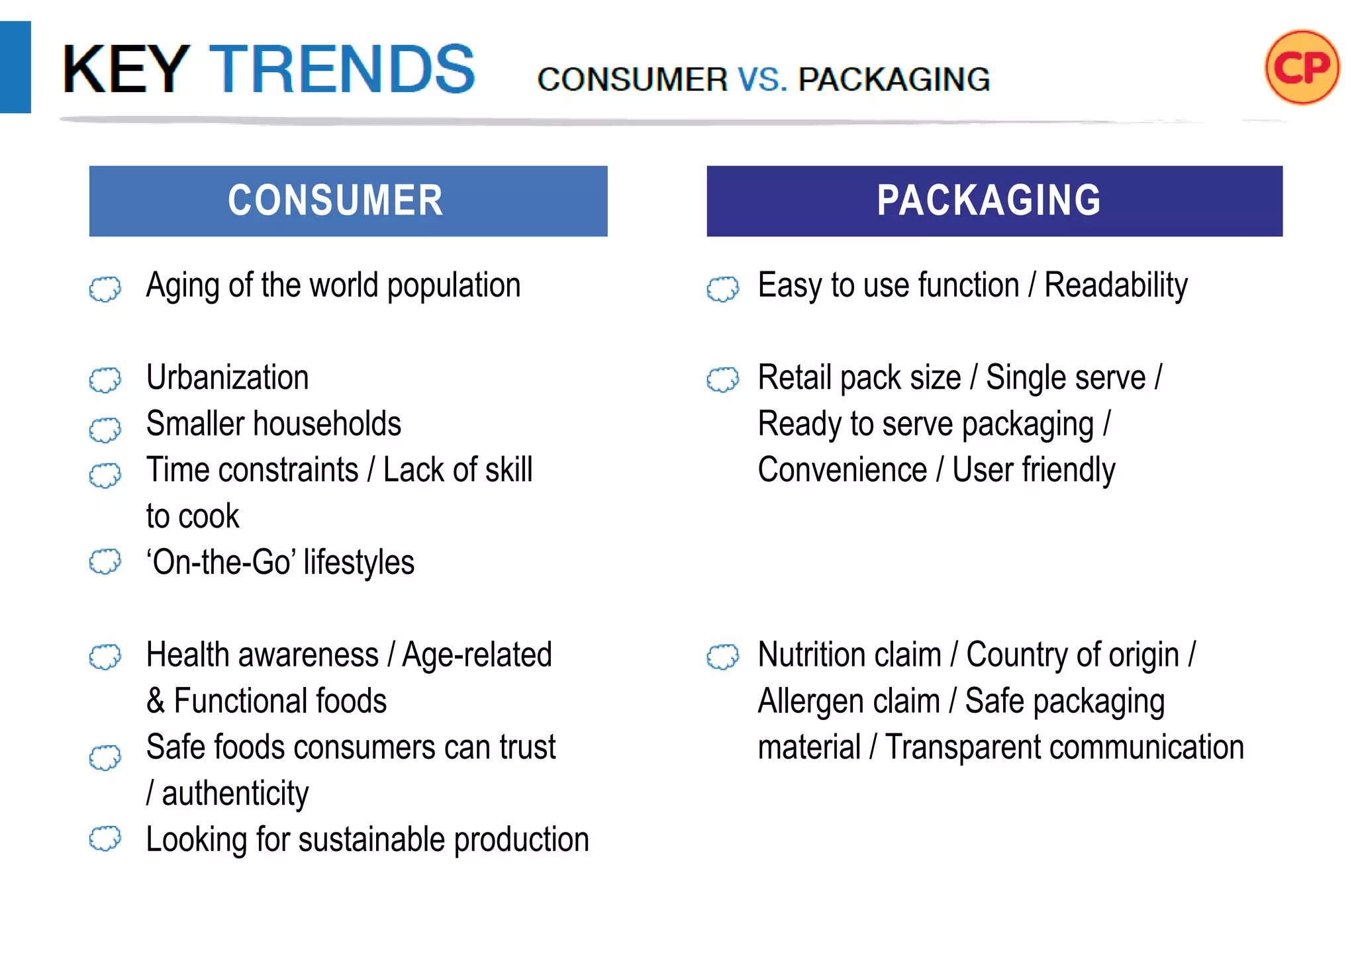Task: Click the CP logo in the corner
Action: pos(1302,68)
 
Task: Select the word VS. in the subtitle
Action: pos(762,79)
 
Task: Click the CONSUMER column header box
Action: pos(348,201)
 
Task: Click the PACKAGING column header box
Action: pos(994,201)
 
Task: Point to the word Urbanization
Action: pos(227,378)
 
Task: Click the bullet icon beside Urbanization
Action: pos(105,380)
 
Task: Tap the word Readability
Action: pos(1116,287)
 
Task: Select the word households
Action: pos(327,424)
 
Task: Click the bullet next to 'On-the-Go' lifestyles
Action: pos(105,562)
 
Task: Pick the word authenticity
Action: pos(235,794)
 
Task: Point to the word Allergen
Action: pos(848,702)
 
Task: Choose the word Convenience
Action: pos(842,470)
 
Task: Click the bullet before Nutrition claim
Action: pos(722,657)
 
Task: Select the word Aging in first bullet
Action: pos(183,287)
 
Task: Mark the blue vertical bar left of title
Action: pos(15,68)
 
